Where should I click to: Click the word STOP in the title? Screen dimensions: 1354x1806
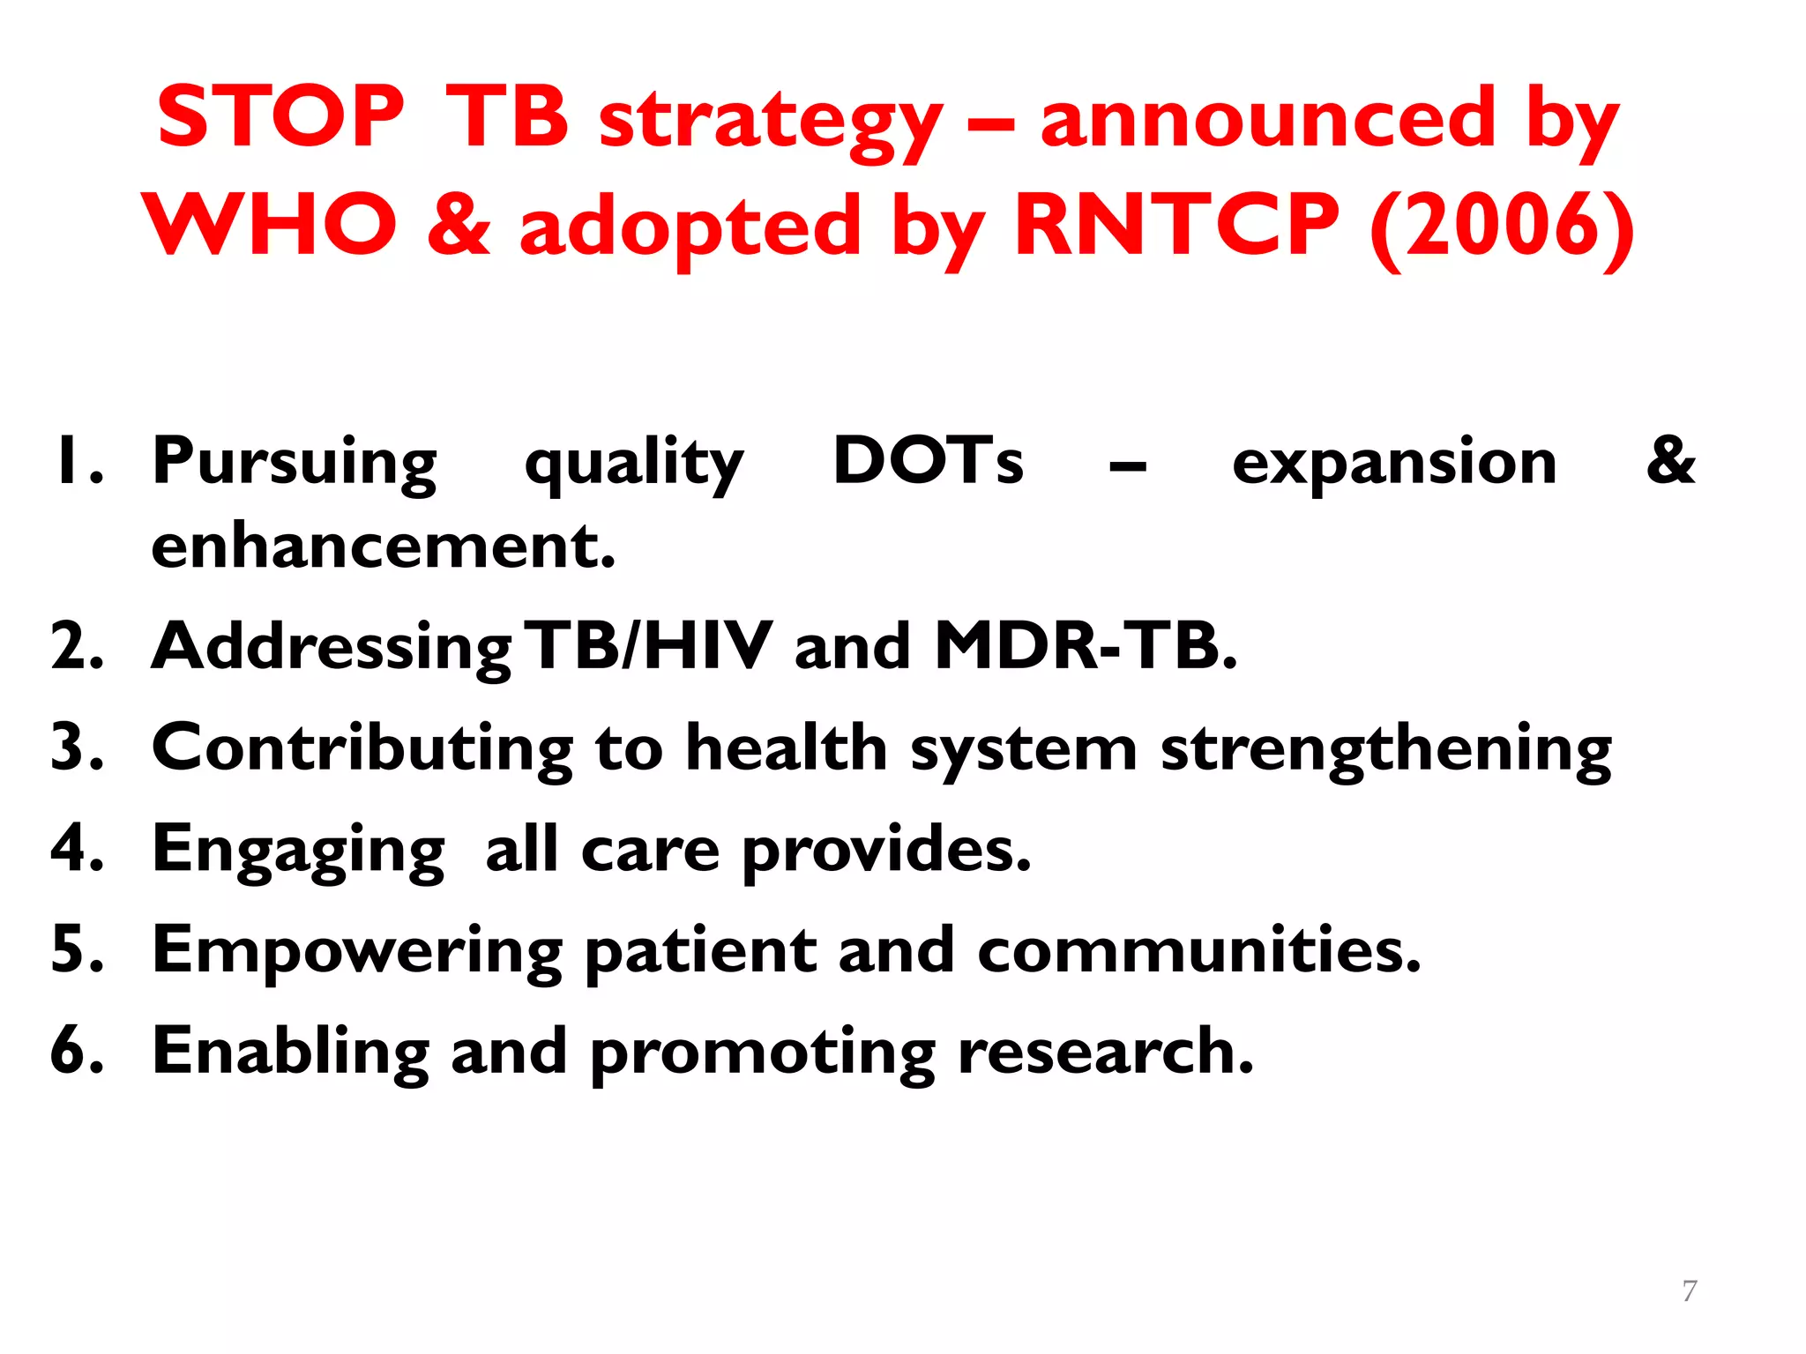point(280,118)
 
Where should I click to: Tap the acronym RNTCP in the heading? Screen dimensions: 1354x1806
point(1177,226)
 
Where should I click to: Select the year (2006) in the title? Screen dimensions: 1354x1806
point(1502,227)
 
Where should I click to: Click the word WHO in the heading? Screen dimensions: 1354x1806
point(270,226)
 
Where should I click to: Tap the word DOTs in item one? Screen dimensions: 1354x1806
point(928,461)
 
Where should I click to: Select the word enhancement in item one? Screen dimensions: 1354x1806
point(383,547)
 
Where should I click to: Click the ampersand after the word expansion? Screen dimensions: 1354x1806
point(1670,461)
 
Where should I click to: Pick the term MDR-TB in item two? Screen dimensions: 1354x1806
point(1086,646)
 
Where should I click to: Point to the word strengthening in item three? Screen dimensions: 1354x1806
point(1385,750)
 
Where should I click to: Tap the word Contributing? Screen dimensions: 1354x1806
point(362,748)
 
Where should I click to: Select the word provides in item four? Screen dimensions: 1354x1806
point(886,851)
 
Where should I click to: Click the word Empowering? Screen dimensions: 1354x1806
point(357,952)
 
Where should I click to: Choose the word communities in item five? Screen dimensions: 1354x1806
point(1198,950)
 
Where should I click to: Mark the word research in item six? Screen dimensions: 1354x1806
point(1105,1052)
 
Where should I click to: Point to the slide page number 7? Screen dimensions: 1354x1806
point(1689,1291)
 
